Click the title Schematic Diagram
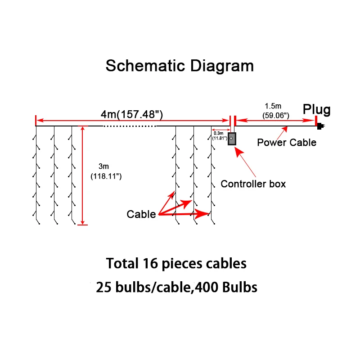(180, 66)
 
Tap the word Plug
(316, 109)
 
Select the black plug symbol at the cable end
(320, 126)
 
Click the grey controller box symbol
(231, 139)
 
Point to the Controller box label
(253, 184)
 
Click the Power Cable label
(287, 143)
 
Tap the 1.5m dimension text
(273, 106)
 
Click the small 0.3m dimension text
(218, 133)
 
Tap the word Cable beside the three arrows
(141, 214)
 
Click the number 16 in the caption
(151, 263)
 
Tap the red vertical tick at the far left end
(36, 121)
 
